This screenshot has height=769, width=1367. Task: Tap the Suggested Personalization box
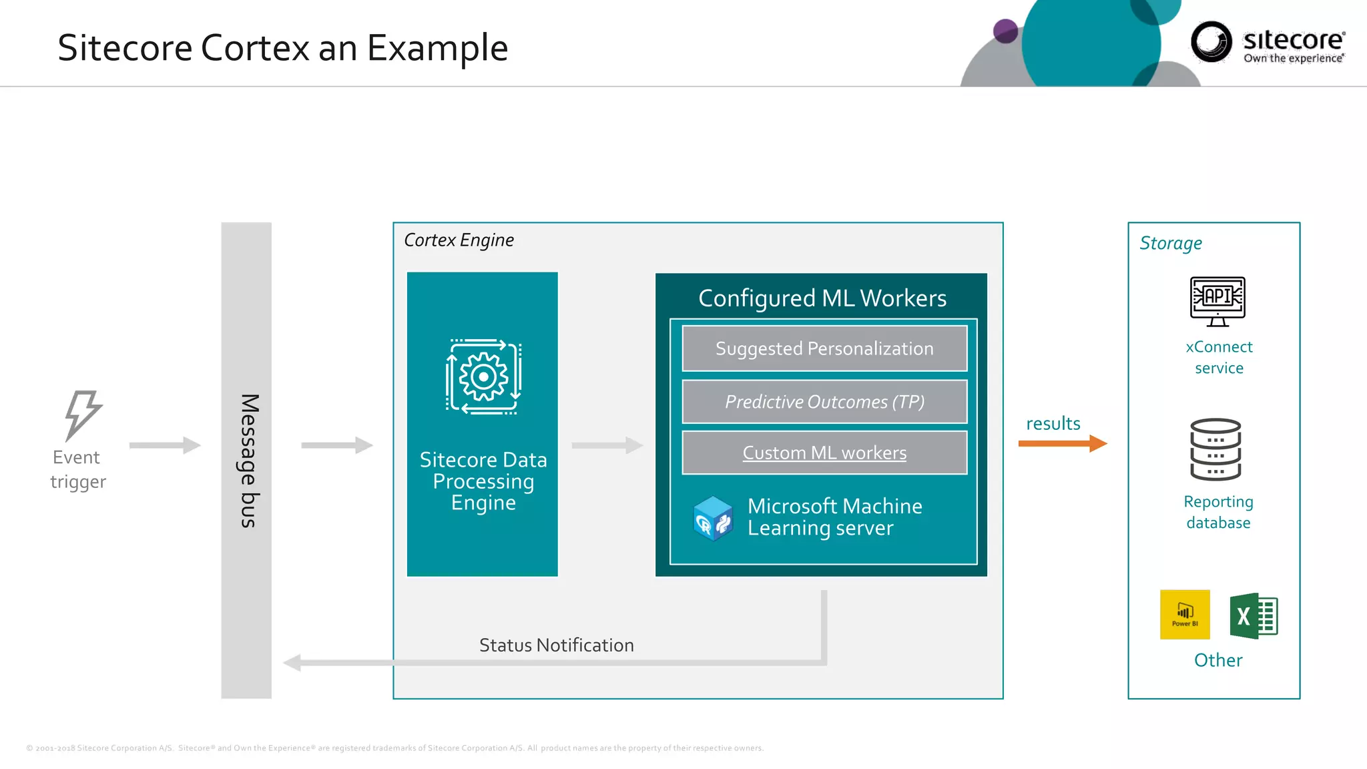(x=824, y=348)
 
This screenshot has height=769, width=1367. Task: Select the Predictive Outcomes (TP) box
(x=824, y=402)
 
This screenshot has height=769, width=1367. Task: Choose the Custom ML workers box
(x=824, y=453)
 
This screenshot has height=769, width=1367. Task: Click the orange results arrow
(x=1063, y=443)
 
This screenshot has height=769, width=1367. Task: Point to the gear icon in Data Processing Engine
(x=483, y=377)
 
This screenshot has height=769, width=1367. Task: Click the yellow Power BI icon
(x=1185, y=615)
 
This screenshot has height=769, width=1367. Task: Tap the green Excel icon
(x=1253, y=615)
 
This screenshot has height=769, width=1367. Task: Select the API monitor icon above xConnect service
(x=1217, y=301)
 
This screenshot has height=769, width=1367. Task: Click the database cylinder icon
(x=1215, y=449)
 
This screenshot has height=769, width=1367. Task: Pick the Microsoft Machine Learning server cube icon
(x=713, y=518)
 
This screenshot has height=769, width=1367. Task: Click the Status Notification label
(x=556, y=645)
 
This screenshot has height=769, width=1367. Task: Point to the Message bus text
(x=248, y=461)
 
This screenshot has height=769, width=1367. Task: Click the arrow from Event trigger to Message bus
(x=165, y=445)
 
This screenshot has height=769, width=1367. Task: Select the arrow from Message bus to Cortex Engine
(x=336, y=445)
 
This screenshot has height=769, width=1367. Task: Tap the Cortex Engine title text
(x=459, y=240)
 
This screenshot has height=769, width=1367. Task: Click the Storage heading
(x=1170, y=244)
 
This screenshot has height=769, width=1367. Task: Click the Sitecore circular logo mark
(x=1211, y=42)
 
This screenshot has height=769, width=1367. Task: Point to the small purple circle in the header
(x=1005, y=31)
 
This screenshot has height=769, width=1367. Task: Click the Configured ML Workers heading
(x=822, y=298)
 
